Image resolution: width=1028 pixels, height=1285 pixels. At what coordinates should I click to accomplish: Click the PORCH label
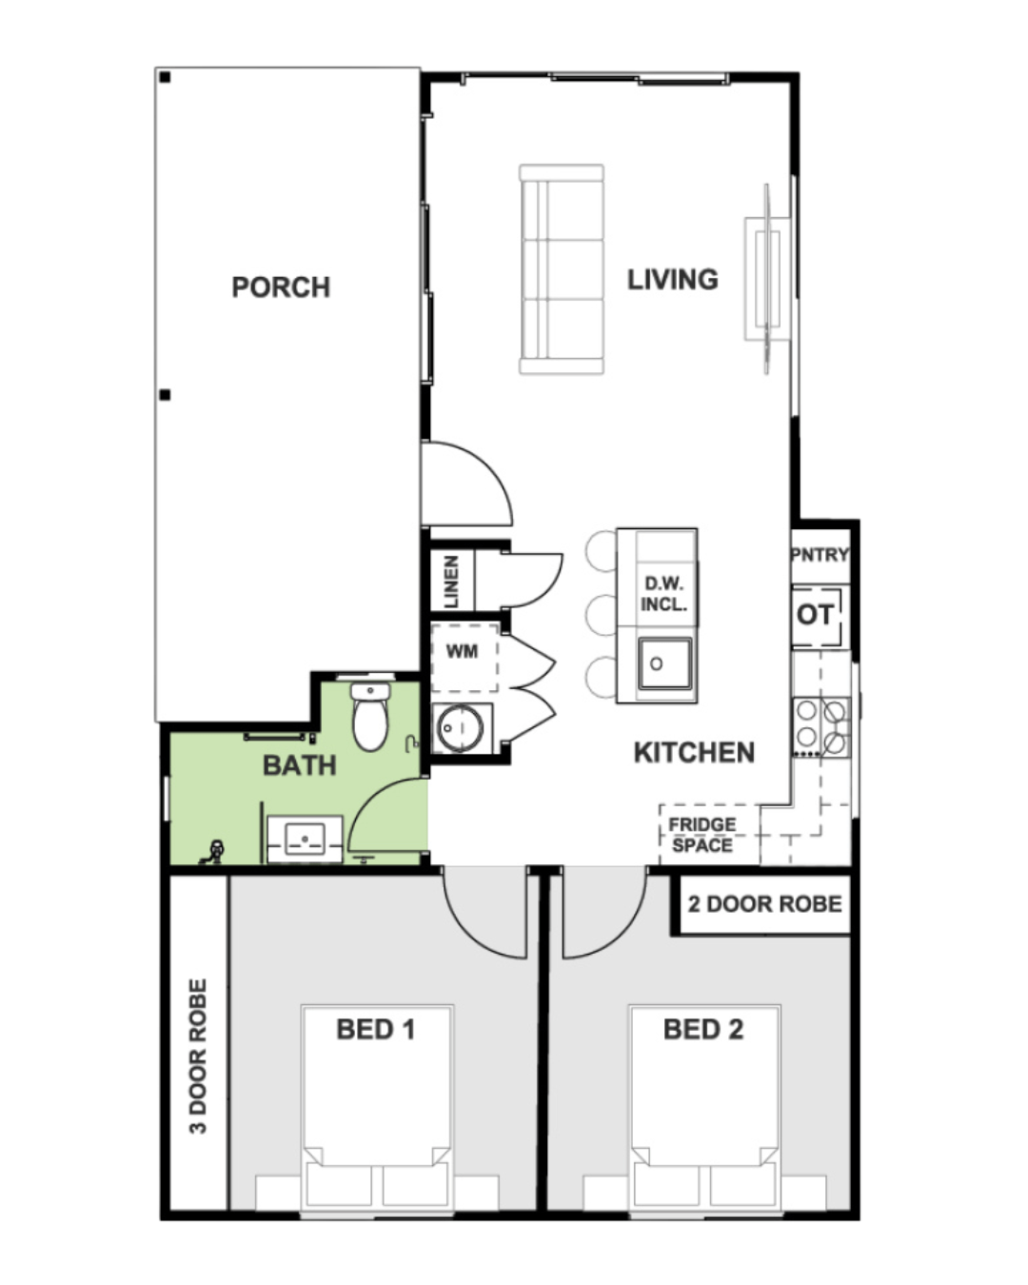coord(280,287)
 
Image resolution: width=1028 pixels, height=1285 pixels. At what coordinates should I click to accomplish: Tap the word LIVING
coord(673,280)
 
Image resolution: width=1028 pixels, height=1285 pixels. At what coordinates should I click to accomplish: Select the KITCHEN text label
coord(694,752)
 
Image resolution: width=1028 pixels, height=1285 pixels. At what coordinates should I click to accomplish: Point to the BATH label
coord(299,765)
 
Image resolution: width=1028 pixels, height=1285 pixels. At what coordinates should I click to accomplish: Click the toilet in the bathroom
coord(370,717)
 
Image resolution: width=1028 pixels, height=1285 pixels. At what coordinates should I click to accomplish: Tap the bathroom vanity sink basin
coord(306,839)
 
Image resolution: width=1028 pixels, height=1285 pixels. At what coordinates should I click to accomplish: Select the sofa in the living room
coord(562,269)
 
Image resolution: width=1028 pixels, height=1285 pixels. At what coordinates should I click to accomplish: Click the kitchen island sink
coord(664,664)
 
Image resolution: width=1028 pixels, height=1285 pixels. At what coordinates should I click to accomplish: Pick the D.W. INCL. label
coord(663,594)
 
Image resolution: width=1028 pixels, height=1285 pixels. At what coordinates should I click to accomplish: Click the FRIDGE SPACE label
coord(702,835)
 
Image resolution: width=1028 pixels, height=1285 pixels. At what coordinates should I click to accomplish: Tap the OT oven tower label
coord(815,615)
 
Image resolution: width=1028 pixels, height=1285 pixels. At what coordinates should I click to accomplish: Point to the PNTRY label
coord(820,555)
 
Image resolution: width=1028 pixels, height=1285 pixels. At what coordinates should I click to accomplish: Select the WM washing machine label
coord(462,651)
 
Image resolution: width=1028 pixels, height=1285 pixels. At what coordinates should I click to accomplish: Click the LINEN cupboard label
coord(452,583)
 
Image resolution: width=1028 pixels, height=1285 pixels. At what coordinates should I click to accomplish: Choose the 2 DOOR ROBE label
coord(764,904)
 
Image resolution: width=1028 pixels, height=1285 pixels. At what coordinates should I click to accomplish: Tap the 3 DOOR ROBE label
coord(198,1057)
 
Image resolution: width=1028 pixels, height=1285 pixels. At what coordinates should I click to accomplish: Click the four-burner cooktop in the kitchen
coord(821,727)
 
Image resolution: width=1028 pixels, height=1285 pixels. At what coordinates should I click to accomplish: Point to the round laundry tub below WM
coord(460,728)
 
